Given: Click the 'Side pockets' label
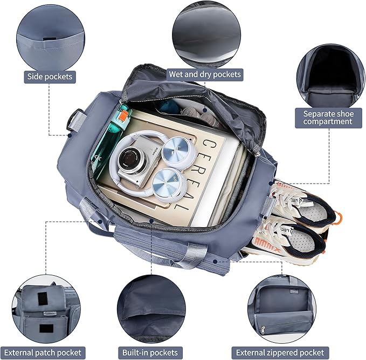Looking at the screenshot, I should [50, 77].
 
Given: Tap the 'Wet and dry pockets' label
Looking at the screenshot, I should [205, 73].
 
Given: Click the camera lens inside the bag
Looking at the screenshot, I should [130, 158].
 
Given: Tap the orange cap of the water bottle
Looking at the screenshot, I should [123, 113].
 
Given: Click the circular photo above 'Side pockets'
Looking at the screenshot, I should [50, 36].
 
